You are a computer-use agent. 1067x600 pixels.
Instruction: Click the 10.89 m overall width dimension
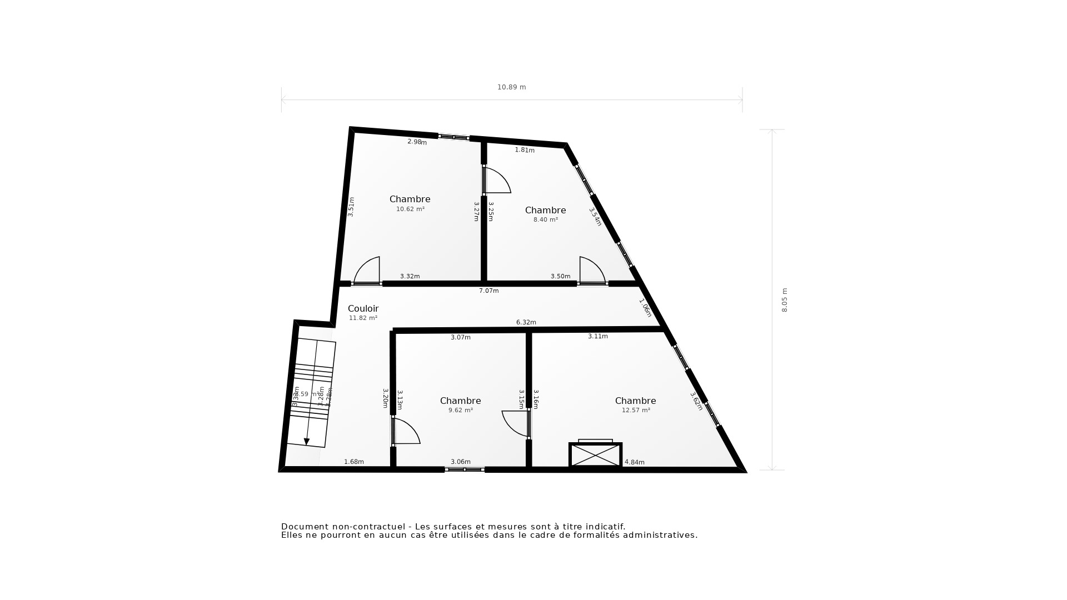pos(511,87)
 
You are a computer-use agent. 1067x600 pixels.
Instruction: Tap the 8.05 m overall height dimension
pos(785,300)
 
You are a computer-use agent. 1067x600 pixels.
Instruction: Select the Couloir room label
pos(363,309)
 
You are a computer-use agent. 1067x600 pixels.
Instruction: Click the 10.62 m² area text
pos(410,209)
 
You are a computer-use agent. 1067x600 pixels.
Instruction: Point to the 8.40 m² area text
pos(545,220)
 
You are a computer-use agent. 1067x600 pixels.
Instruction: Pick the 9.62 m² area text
pos(460,411)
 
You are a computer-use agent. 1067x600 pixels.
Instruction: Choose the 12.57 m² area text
pos(636,411)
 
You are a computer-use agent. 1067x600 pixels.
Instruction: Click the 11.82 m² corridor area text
pos(363,318)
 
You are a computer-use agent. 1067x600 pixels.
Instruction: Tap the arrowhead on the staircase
pos(306,442)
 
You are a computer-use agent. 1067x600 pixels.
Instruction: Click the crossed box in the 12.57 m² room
pos(595,455)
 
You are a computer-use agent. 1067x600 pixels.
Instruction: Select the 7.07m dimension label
pos(488,291)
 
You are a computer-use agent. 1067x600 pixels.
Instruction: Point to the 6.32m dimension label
pos(526,323)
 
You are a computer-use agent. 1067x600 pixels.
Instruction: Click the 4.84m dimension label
pos(634,462)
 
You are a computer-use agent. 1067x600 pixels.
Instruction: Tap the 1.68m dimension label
pos(353,462)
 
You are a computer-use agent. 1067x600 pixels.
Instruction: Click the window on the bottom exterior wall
pos(465,470)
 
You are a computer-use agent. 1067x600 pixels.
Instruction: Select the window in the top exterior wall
pos(454,137)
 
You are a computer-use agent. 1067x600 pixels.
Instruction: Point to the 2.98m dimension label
pos(417,142)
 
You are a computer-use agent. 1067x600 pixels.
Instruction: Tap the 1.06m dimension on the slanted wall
pos(645,308)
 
